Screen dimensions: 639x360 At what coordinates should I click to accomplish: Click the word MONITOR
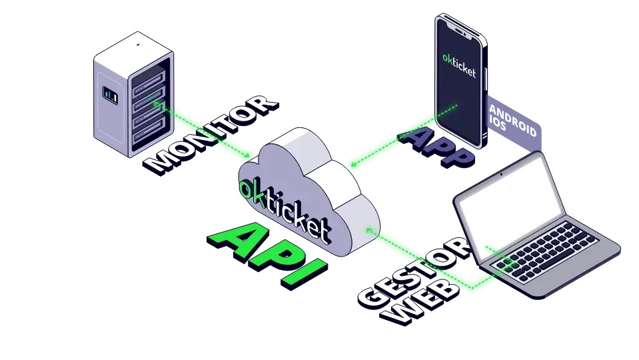212,133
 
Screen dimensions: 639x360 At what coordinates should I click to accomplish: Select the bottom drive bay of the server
149,136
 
